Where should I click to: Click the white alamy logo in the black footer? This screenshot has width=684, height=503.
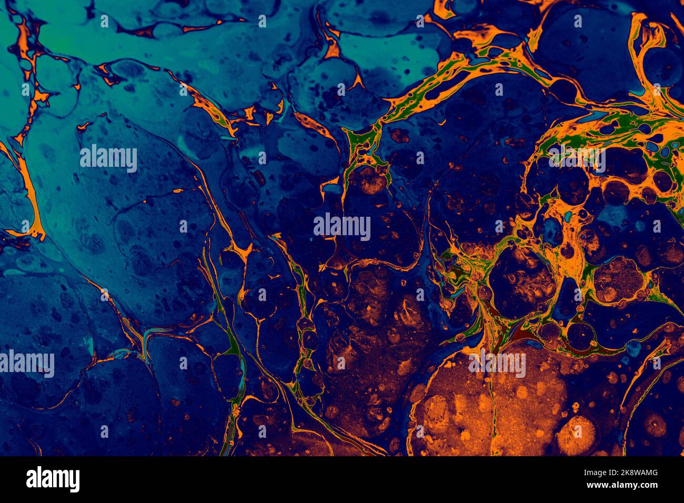click(x=53, y=479)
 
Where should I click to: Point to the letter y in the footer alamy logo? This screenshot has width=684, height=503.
click(x=74, y=481)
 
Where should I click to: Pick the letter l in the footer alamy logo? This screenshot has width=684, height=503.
click(x=39, y=479)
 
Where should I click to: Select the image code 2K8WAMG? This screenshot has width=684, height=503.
click(x=638, y=473)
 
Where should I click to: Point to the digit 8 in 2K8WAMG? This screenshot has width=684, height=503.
click(x=632, y=473)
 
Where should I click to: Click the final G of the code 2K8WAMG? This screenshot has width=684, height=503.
click(x=653, y=473)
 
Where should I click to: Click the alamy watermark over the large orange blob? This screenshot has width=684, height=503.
click(x=497, y=364)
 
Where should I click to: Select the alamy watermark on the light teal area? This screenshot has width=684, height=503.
click(x=108, y=158)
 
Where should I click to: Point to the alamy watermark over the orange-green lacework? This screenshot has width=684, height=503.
click(x=577, y=158)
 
